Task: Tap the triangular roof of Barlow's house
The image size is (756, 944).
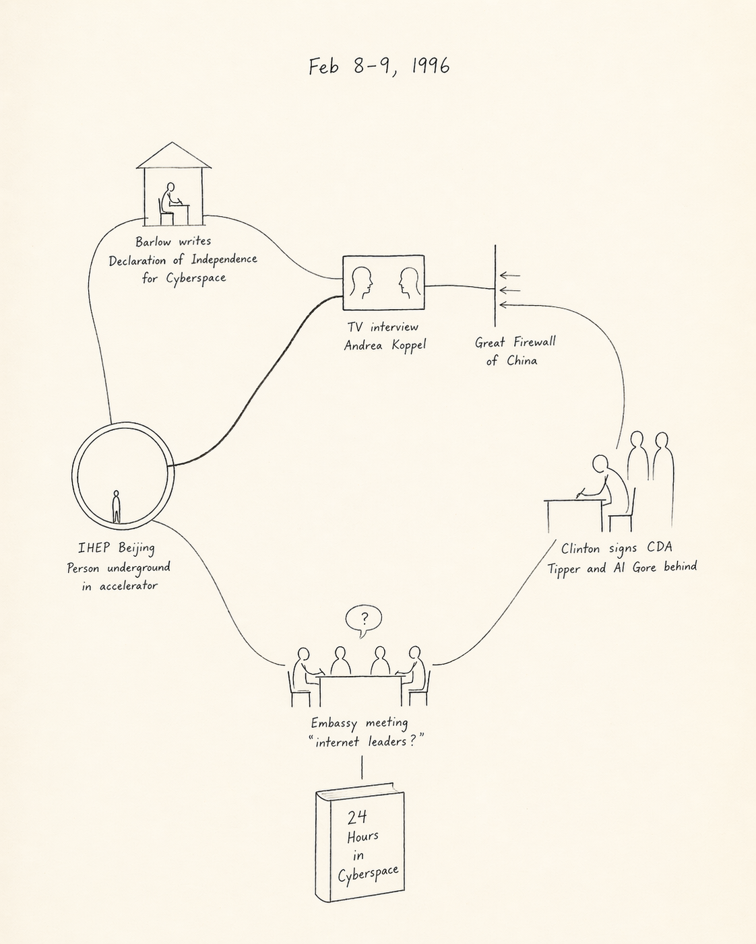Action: pyautogui.click(x=173, y=156)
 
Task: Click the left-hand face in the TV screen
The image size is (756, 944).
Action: pyautogui.click(x=361, y=283)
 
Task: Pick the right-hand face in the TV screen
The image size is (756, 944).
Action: pyautogui.click(x=408, y=283)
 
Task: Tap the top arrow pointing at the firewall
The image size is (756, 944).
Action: pyautogui.click(x=510, y=275)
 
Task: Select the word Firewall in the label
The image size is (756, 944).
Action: pyautogui.click(x=534, y=342)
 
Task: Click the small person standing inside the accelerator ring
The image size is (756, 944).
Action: pyautogui.click(x=117, y=506)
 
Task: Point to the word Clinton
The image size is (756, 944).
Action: pyautogui.click(x=580, y=548)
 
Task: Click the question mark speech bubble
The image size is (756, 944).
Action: pyautogui.click(x=364, y=619)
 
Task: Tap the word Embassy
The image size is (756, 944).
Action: pyautogui.click(x=334, y=723)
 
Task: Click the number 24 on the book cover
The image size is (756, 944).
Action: pyautogui.click(x=357, y=817)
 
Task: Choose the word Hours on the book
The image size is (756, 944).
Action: pyautogui.click(x=363, y=837)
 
